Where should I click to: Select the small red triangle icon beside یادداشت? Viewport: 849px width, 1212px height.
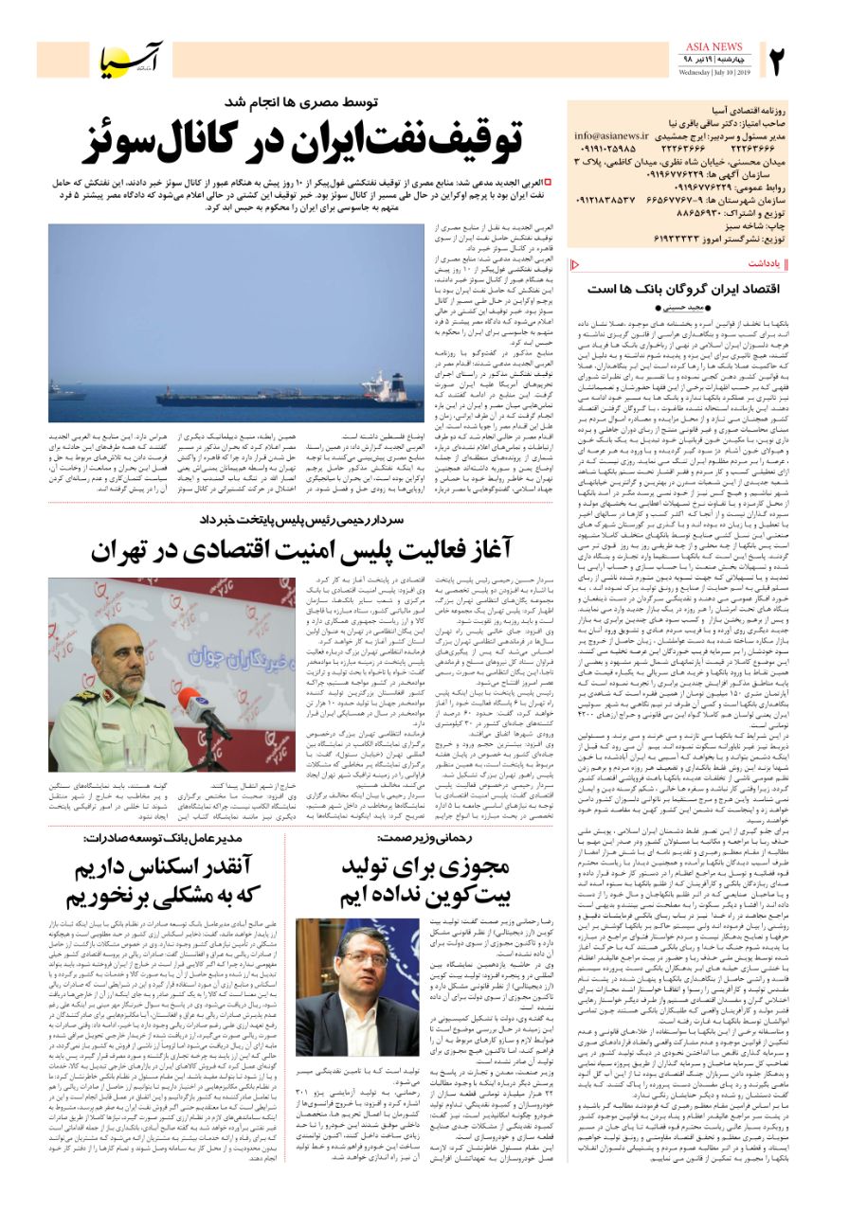pyautogui.click(x=571, y=263)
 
